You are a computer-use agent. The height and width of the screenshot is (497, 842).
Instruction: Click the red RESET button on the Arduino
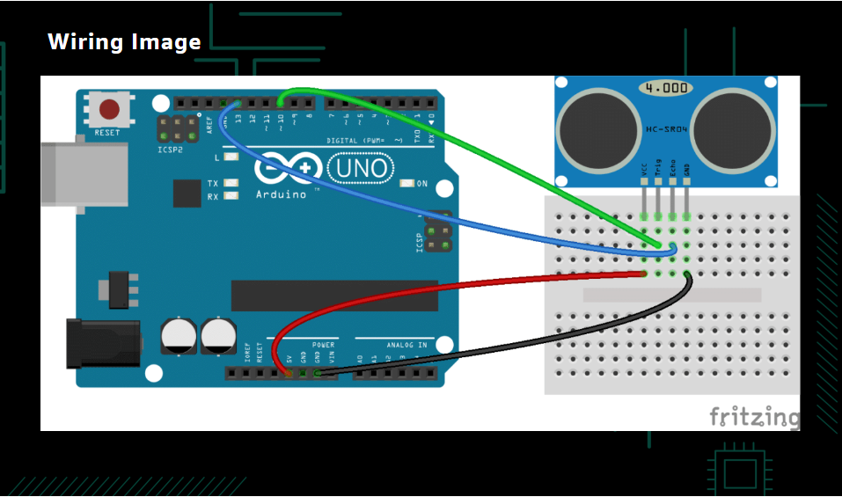click(109, 110)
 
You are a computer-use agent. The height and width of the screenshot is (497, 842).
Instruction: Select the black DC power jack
click(103, 342)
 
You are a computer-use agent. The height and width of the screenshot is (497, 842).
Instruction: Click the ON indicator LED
click(406, 184)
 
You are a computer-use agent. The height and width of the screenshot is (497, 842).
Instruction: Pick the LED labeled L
click(231, 157)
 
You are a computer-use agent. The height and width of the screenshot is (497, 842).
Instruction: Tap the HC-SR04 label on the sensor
click(666, 129)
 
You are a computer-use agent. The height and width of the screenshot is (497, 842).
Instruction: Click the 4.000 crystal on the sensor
click(665, 89)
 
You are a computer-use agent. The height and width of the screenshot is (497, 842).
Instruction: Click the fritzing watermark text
click(754, 416)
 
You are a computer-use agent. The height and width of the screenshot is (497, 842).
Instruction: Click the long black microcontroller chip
click(334, 296)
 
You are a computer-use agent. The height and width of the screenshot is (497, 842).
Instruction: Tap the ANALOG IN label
click(406, 345)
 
